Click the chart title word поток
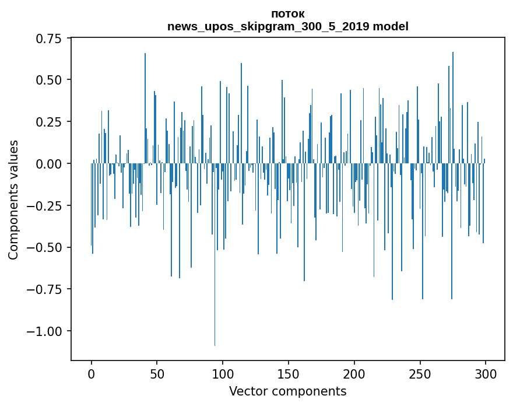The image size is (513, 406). (x=288, y=14)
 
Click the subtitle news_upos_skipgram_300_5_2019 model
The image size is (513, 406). (x=288, y=26)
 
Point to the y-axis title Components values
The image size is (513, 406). (x=13, y=199)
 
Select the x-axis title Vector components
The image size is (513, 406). (x=288, y=391)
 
